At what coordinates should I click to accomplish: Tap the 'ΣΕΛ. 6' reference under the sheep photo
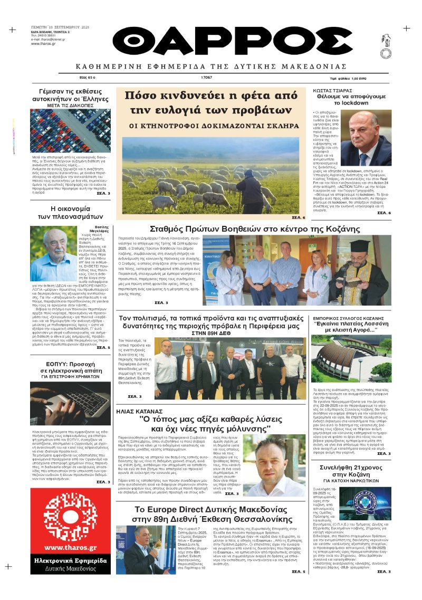[298, 217]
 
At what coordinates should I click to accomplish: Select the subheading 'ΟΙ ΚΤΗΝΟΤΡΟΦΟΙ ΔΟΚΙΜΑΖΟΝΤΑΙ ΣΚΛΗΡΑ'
[214, 127]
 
